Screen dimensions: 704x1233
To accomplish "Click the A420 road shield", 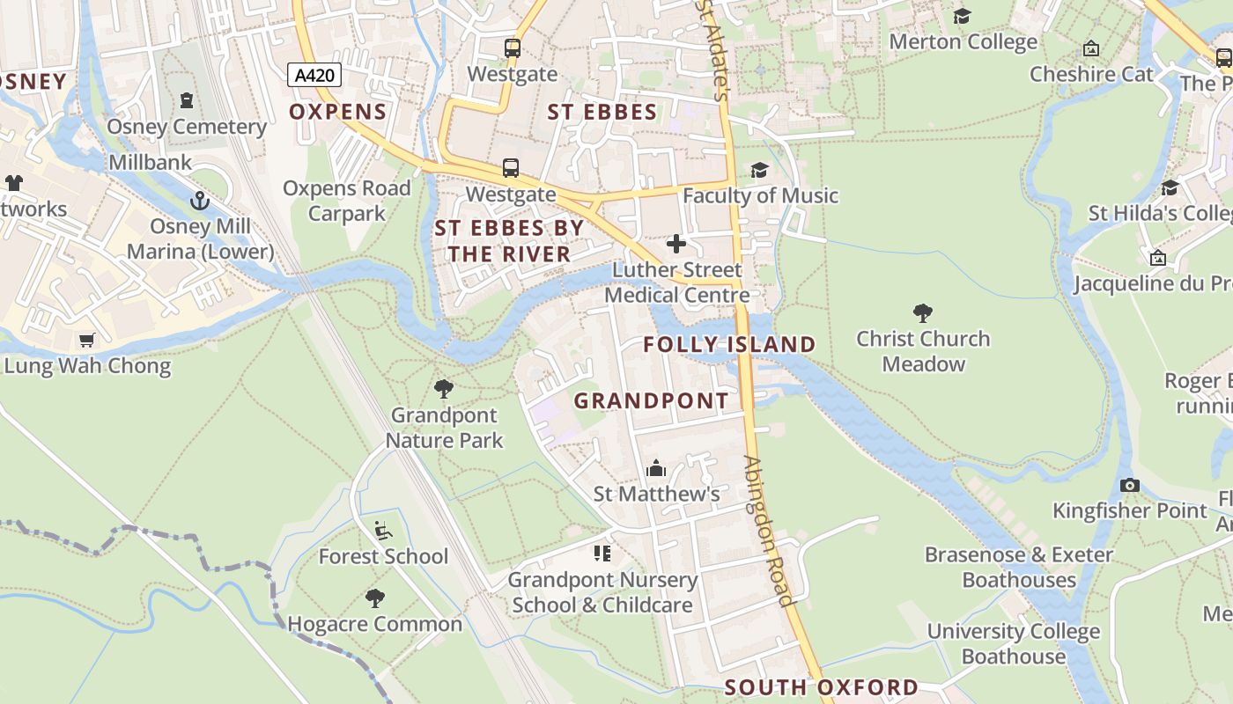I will (314, 75).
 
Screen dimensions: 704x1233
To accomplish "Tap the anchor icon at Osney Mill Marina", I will (201, 202).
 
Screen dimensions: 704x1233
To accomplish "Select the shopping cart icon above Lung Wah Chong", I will (86, 340).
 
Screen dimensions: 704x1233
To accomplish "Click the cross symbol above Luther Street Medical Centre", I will (676, 244).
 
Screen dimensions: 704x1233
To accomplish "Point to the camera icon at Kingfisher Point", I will (1130, 485).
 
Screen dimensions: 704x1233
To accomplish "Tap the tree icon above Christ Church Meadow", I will (923, 312).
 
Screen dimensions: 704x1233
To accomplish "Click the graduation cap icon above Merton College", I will (963, 16).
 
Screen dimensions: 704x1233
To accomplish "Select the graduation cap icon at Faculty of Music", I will (759, 170).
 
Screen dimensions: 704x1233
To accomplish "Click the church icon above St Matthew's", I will (656, 468).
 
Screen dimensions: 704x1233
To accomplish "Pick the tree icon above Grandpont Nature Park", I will (444, 388).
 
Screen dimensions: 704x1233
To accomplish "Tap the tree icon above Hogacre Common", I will (375, 598).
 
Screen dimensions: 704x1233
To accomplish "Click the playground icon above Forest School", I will (383, 530).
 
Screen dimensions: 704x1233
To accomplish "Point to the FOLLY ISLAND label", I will (729, 344).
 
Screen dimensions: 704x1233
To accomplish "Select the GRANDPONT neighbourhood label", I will (651, 401).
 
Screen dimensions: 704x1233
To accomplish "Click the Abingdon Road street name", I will (769, 531).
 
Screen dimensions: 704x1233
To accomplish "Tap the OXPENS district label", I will (338, 112).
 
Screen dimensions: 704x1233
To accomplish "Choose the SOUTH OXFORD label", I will (821, 687).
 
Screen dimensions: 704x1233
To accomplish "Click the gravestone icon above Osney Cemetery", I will (187, 100).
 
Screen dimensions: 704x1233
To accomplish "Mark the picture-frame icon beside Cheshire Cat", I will (1091, 48).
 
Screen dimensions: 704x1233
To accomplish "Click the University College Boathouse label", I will (1014, 644).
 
